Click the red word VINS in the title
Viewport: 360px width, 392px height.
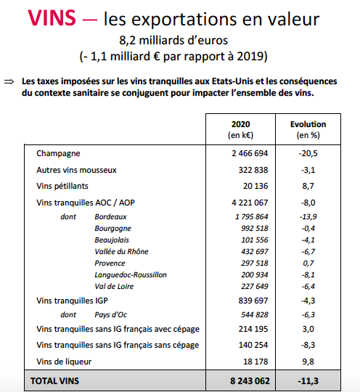click(x=52, y=17)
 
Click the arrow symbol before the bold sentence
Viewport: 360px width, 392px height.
click(x=9, y=82)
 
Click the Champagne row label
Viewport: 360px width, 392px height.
click(x=58, y=153)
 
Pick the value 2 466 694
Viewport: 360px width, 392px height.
click(x=250, y=153)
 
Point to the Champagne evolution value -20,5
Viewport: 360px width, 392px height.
click(x=308, y=153)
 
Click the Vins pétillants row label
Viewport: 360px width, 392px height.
click(x=62, y=186)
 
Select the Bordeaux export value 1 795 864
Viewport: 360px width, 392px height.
click(x=252, y=216)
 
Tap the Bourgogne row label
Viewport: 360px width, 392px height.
click(x=112, y=229)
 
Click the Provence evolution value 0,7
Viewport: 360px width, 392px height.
click(x=308, y=264)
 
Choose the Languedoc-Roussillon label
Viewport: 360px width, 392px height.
click(x=131, y=275)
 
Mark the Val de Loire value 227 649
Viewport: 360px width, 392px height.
click(x=255, y=286)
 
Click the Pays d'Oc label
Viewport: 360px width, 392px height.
click(x=111, y=315)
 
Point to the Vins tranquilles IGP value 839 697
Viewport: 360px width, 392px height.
click(x=253, y=301)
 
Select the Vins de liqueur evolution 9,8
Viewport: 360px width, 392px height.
click(x=308, y=362)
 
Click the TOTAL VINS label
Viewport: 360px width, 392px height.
click(x=54, y=381)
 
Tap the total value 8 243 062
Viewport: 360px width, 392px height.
click(x=250, y=381)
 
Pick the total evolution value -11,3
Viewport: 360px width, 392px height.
click(x=308, y=381)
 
